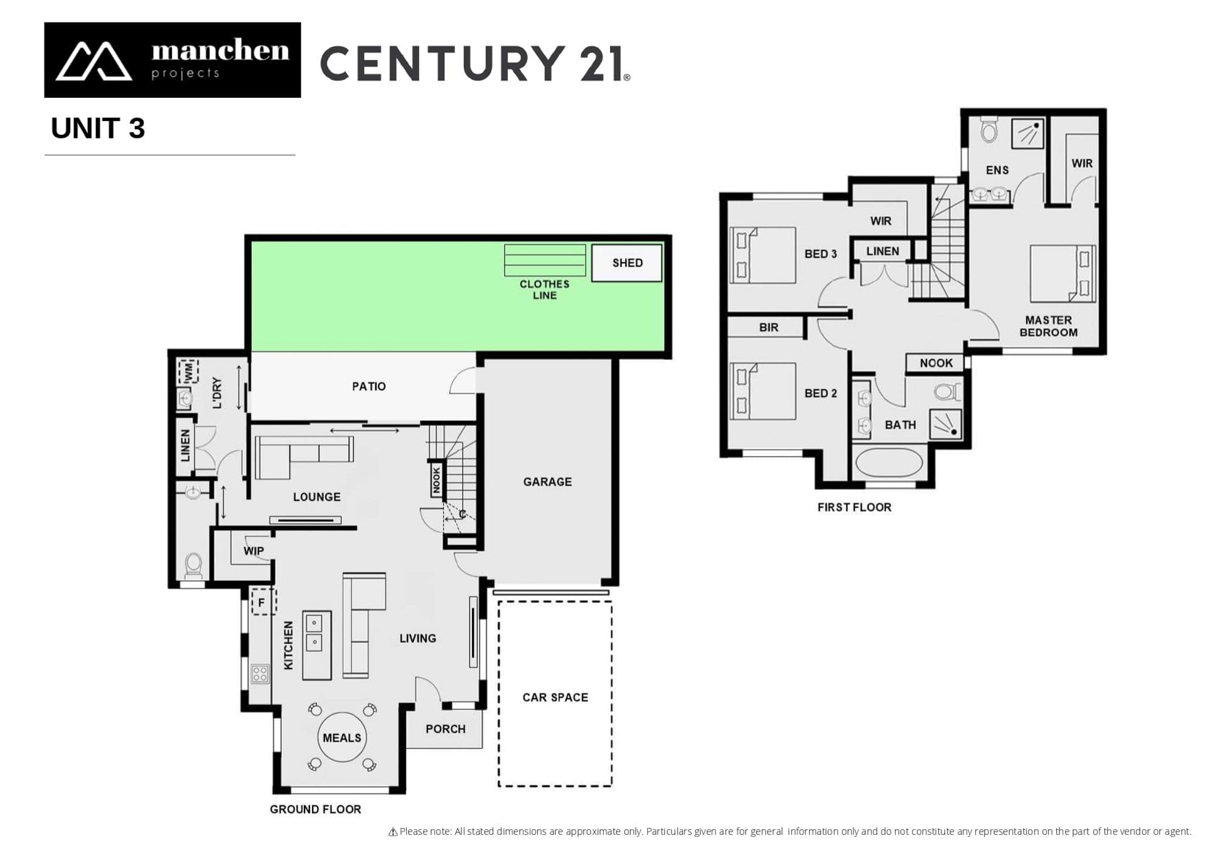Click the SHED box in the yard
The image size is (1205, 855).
626,263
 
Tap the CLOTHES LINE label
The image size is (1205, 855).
544,290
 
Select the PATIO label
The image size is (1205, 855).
369,386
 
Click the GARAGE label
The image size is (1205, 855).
547,482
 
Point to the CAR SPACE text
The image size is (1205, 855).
555,698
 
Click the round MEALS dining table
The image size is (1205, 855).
342,737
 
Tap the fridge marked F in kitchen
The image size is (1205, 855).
264,602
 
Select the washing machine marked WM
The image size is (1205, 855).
188,371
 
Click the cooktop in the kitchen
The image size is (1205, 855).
260,674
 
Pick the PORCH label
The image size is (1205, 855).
446,729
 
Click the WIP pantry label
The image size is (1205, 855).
254,551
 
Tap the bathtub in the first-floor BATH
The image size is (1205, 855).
889,463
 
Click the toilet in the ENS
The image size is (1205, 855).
989,130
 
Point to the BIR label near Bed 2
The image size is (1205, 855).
769,327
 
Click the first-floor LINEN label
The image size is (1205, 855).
882,251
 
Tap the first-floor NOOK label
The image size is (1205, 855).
936,363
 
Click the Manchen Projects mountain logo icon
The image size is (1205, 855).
94,61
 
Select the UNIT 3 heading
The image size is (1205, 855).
98,129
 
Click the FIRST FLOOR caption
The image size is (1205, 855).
854,507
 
